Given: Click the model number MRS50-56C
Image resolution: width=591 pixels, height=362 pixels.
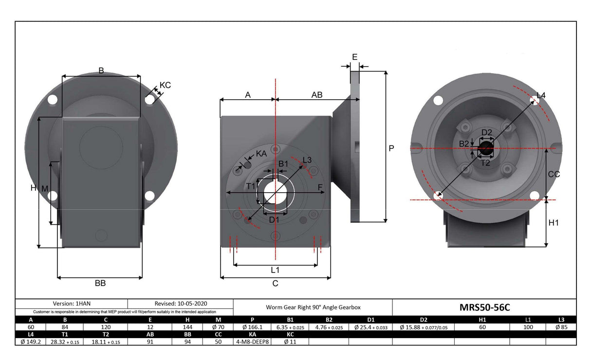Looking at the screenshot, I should click(484, 307).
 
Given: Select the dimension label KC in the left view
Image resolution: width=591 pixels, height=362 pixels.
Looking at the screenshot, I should click(165, 85).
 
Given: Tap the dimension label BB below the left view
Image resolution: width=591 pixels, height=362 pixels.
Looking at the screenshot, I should click(100, 283).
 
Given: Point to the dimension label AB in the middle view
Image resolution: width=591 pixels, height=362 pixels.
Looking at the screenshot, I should click(317, 95).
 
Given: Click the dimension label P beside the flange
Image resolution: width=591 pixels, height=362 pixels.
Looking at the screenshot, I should click(391, 148).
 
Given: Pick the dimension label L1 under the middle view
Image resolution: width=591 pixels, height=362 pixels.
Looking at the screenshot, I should click(275, 270).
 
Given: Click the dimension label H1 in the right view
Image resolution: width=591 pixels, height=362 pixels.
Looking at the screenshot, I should click(554, 223).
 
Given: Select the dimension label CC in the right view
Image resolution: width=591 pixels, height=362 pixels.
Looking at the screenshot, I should click(554, 174).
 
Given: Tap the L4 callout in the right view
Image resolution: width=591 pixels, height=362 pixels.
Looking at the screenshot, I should click(541, 95).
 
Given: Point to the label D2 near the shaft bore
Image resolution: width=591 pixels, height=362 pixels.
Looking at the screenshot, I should click(487, 132).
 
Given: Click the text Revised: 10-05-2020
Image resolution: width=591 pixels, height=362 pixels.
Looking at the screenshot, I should click(181, 303).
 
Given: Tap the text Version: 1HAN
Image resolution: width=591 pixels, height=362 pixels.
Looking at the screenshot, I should click(72, 303).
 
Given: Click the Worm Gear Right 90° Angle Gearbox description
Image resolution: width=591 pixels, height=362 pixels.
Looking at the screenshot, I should click(313, 308).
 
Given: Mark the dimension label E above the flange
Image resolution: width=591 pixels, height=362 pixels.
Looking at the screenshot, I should click(354, 57).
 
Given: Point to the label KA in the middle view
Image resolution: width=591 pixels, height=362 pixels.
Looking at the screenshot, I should click(261, 153).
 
